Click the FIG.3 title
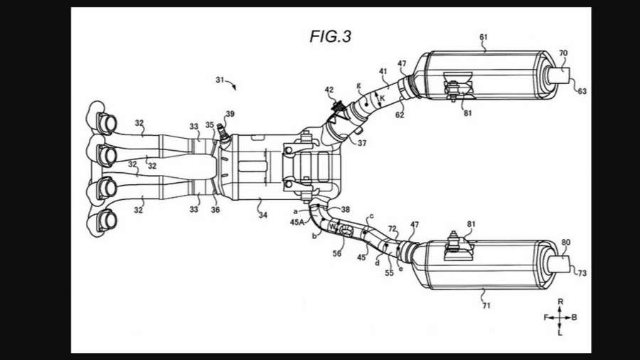(x=330, y=37)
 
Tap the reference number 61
(x=484, y=37)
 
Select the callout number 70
(x=563, y=53)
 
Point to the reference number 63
(x=582, y=91)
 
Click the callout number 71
(x=486, y=305)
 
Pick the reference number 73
(x=582, y=272)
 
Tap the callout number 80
(x=565, y=243)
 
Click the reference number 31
(x=220, y=80)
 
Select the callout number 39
(x=230, y=114)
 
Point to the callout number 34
(x=263, y=215)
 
